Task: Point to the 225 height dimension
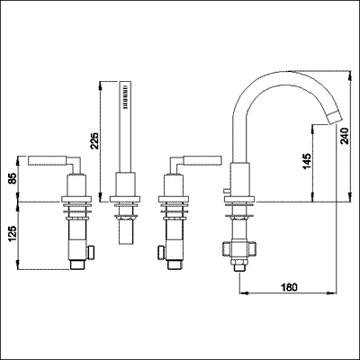107,140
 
